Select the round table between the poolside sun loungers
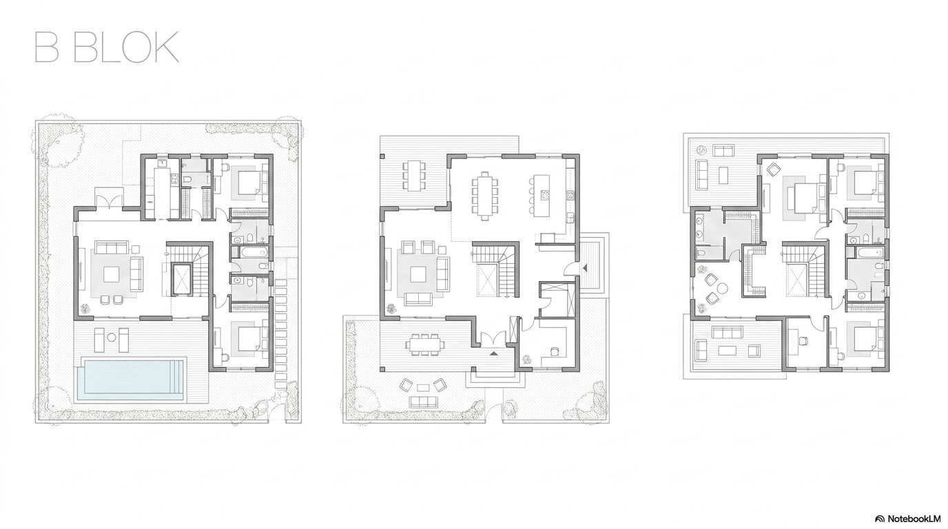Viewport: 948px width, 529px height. point(112,338)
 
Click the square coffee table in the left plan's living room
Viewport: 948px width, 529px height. point(112,274)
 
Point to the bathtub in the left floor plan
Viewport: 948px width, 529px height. point(251,253)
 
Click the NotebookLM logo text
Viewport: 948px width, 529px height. point(913,519)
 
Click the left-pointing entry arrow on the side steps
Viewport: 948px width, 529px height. point(585,267)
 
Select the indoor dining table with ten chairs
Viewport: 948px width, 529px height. point(484,196)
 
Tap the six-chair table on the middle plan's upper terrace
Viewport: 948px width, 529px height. point(414,175)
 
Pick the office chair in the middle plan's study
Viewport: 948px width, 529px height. point(555,350)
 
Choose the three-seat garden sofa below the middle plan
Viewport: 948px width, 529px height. point(423,402)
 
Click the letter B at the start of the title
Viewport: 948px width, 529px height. point(47,47)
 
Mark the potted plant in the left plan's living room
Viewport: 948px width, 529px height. point(86,308)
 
